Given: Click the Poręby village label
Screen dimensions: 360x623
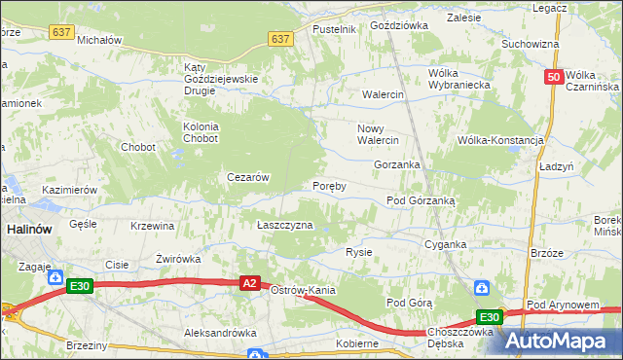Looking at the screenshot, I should [x=329, y=186].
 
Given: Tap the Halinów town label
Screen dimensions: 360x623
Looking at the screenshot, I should [x=22, y=229].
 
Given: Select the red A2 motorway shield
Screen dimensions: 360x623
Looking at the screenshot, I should [x=250, y=283].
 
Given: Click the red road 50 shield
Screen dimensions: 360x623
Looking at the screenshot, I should [x=553, y=77].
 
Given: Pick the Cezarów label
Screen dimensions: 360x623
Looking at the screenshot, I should [x=247, y=177].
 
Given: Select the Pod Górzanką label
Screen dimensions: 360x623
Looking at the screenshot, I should [x=427, y=200].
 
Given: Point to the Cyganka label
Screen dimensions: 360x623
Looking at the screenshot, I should [x=446, y=245].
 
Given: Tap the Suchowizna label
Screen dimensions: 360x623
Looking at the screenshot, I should [x=530, y=44].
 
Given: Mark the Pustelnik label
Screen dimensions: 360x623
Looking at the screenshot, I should [x=334, y=30].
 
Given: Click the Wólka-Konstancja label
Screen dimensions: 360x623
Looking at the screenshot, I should [x=500, y=140].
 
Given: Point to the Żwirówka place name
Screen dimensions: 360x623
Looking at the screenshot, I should [x=178, y=259].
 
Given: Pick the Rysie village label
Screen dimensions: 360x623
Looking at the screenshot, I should [x=359, y=252].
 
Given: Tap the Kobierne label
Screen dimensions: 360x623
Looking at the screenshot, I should [x=357, y=343].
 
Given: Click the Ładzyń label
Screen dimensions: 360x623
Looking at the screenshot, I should [x=556, y=167].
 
